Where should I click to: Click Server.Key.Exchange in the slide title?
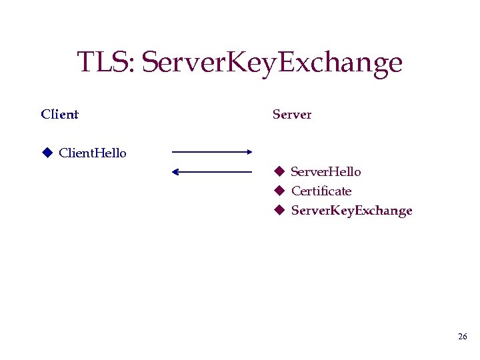[273, 63]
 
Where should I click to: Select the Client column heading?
[59, 114]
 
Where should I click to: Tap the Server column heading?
[292, 114]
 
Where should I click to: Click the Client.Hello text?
[93, 153]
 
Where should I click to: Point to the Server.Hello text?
[326, 172]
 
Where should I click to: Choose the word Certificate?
[321, 191]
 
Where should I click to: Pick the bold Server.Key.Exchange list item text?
[351, 211]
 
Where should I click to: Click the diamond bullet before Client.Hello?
[47, 153]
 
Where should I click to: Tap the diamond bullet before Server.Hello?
[280, 172]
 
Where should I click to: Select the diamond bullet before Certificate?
[280, 191]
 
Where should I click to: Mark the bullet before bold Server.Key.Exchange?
[280, 211]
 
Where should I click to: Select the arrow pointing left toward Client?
[211, 172]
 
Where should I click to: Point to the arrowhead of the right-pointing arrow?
[249, 152]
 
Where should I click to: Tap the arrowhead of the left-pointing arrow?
[175, 172]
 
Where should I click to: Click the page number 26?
[462, 337]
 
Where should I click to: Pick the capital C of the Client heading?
[45, 114]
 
